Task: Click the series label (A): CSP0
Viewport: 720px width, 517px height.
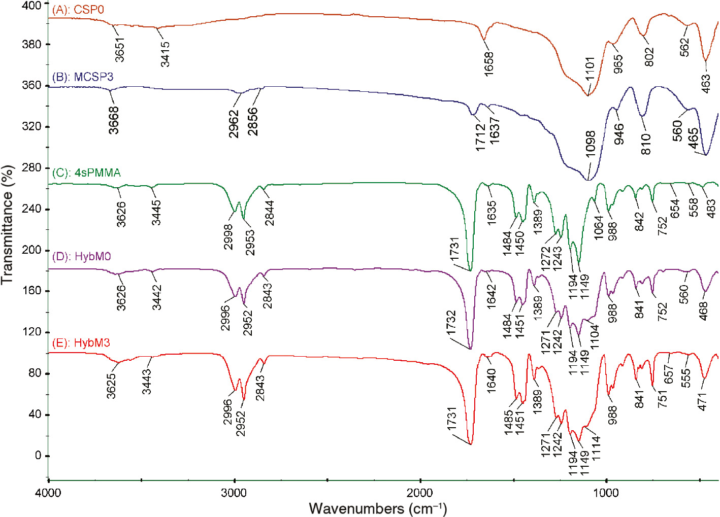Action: (78, 10)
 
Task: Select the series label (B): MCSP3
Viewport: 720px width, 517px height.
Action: (83, 77)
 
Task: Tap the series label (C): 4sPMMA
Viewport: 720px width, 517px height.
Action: (86, 173)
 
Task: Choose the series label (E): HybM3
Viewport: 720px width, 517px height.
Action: (81, 343)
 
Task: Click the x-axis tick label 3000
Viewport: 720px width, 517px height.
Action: (234, 493)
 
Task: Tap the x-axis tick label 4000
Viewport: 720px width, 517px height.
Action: (48, 493)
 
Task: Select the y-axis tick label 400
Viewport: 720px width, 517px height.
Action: (32, 5)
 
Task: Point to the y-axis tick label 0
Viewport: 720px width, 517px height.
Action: (38, 456)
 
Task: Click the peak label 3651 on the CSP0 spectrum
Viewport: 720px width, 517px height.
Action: (120, 49)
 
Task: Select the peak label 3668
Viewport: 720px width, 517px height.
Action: (114, 120)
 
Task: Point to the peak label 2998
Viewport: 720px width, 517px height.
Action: (228, 237)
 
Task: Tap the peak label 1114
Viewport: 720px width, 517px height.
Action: (596, 447)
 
